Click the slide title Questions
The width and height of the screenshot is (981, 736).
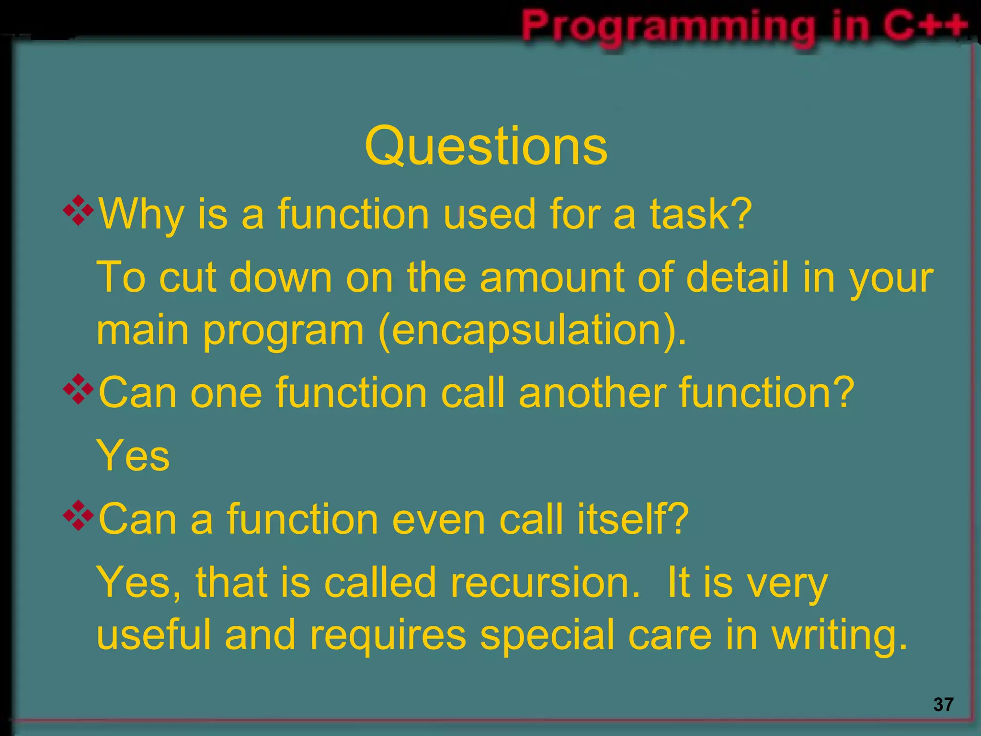486,146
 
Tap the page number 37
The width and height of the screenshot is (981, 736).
943,704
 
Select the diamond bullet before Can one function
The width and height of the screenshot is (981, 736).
78,389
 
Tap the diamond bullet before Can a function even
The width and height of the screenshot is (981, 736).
78,515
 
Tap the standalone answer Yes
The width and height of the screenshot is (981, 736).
133,456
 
